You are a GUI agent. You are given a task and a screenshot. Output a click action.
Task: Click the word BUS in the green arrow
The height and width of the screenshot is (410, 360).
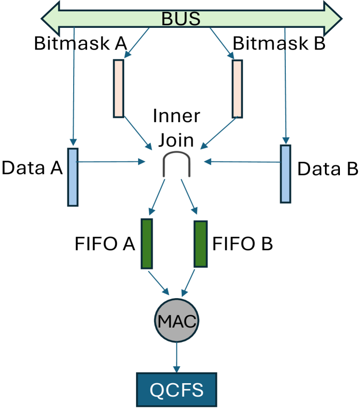[x=180, y=19]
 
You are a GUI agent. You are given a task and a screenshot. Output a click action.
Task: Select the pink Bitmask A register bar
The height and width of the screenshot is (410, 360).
[x=118, y=88]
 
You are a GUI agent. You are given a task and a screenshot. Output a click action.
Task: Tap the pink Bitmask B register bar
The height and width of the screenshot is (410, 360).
[x=237, y=89]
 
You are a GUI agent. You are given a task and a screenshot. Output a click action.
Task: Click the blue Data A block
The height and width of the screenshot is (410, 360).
[x=73, y=177]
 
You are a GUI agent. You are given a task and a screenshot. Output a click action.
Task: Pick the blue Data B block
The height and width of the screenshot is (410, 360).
[x=285, y=174]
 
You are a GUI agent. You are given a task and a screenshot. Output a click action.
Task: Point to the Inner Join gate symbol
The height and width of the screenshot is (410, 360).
[x=176, y=164]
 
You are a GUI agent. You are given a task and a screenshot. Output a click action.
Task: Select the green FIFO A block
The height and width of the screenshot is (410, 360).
[x=147, y=244]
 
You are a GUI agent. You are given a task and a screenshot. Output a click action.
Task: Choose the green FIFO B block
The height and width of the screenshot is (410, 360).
[x=200, y=244]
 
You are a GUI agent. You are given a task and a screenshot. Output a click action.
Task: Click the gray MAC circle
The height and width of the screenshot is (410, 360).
[x=176, y=322]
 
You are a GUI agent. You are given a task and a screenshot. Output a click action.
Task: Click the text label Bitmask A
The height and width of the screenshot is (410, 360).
[x=80, y=43]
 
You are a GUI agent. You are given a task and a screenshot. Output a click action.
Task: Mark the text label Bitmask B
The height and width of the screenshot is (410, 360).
[x=279, y=43]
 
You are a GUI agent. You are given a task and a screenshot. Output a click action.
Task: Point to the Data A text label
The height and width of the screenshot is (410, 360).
[x=32, y=167]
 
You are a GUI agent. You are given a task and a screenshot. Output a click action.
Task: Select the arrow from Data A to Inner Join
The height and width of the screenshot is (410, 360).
[x=111, y=162]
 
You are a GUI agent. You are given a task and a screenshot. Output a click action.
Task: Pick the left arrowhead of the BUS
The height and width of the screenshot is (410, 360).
[x=50, y=19]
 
